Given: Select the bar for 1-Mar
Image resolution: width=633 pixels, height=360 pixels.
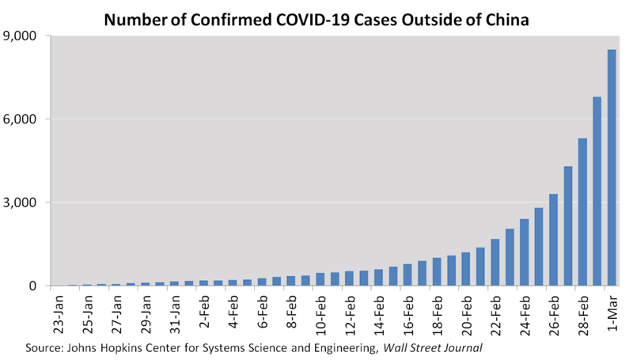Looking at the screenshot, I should pyautogui.click(x=612, y=168).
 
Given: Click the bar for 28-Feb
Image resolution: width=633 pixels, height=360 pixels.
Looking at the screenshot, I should pyautogui.click(x=582, y=212).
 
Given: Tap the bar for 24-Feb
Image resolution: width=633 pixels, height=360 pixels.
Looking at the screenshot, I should pyautogui.click(x=524, y=252).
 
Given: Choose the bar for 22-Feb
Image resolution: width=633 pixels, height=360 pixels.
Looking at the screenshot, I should pyautogui.click(x=495, y=262).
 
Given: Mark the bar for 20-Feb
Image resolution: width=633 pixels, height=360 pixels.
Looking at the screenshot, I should pyautogui.click(x=465, y=269).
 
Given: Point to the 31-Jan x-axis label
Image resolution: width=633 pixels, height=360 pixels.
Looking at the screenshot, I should pyautogui.click(x=175, y=314).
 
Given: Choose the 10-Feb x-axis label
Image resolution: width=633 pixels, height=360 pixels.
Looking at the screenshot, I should pyautogui.click(x=320, y=314).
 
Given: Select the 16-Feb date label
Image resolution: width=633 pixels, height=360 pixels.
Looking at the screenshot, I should pyautogui.click(x=407, y=314).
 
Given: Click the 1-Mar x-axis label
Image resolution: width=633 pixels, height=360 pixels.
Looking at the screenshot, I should pyautogui.click(x=612, y=312).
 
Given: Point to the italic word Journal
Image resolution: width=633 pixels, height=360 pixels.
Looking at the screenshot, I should pyautogui.click(x=461, y=347).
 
